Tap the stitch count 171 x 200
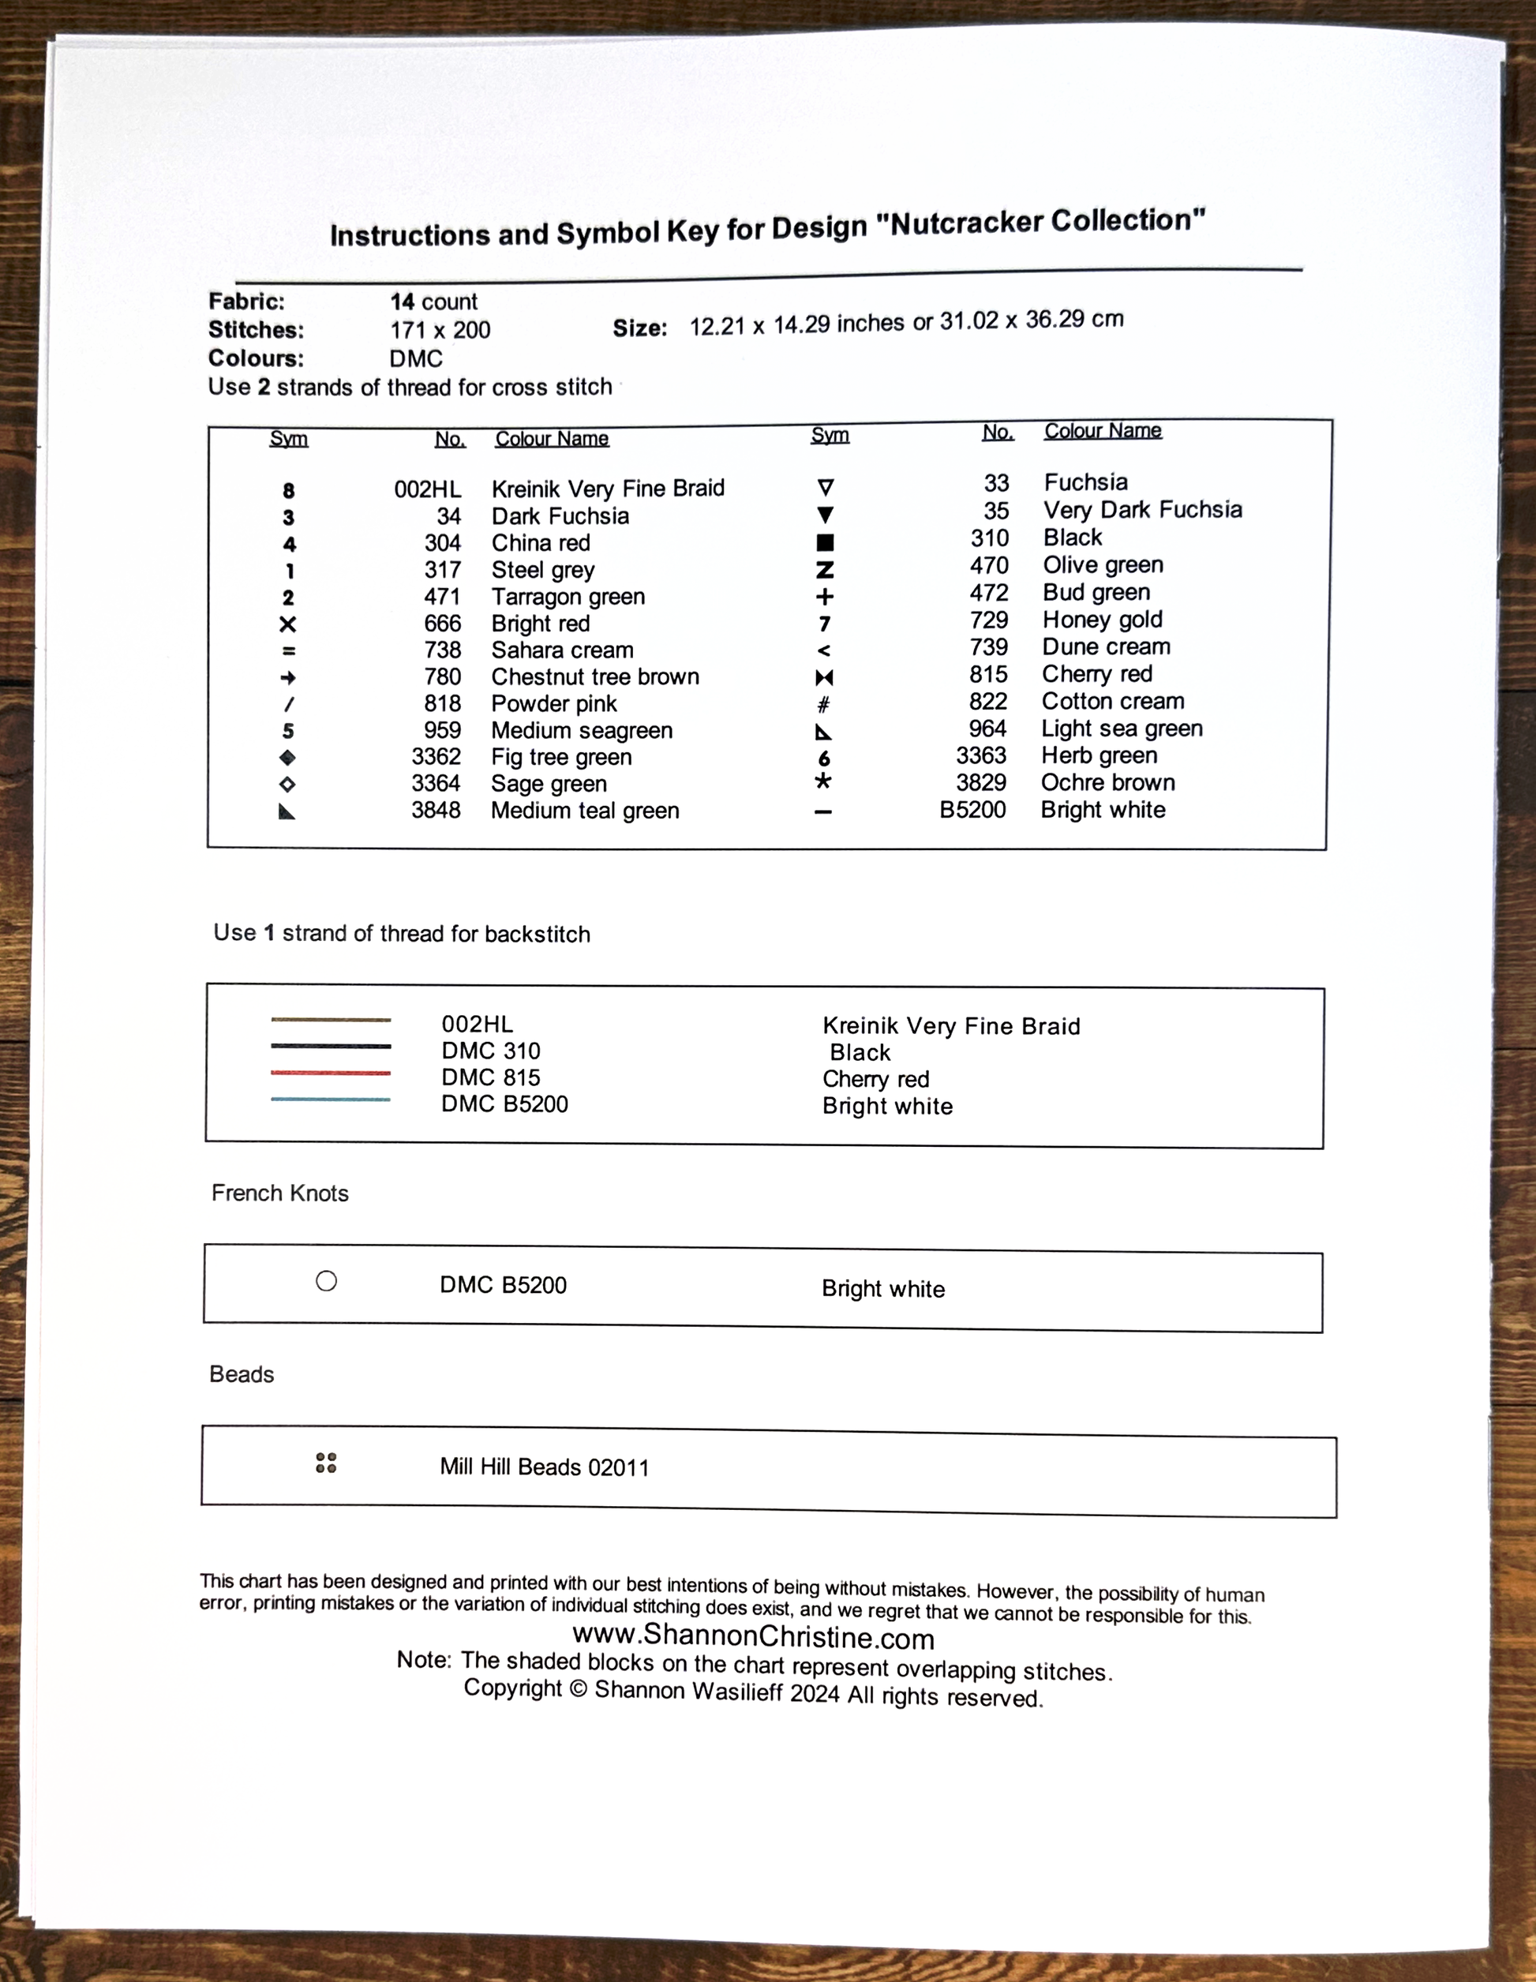440,330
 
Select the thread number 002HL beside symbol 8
427,490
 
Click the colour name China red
541,543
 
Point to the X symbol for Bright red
287,624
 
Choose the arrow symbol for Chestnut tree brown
287,678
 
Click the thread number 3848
436,810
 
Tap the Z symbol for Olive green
825,570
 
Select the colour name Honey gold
1103,620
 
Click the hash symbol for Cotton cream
824,704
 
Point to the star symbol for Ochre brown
823,781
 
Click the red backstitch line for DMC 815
330,1073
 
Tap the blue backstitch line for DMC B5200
330,1100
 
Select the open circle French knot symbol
327,1280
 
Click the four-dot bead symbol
326,1463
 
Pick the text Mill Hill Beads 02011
545,1467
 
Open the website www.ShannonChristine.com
753,1636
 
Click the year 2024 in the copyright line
814,1695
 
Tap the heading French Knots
279,1193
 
